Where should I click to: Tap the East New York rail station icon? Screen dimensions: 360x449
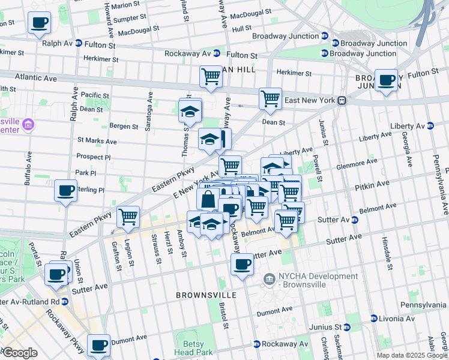pos(342,100)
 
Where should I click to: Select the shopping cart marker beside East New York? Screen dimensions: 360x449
pos(270,98)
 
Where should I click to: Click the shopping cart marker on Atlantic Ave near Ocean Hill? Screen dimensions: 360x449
pos(211,76)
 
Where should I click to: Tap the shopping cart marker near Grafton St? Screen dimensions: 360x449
pos(128,217)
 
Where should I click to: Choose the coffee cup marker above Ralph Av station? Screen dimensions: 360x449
pos(40,23)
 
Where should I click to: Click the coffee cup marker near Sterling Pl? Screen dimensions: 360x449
pos(65,191)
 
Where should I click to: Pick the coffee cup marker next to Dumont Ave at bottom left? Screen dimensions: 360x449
pos(98,345)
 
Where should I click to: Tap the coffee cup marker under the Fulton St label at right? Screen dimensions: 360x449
pos(386,80)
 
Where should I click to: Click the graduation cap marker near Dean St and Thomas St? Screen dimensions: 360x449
pos(190,111)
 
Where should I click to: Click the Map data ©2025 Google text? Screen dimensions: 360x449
pos(412,355)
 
